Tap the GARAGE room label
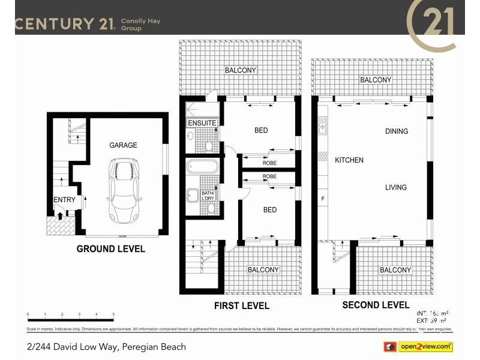[x=123, y=145]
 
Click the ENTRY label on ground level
[x=64, y=200]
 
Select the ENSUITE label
[x=202, y=123]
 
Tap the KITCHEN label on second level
[x=349, y=160]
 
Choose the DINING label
[x=397, y=131]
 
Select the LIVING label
[x=395, y=187]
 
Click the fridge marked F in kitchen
[x=323, y=199]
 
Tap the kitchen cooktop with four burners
[x=323, y=157]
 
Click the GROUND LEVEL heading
[x=110, y=249]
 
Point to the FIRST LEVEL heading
[x=242, y=306]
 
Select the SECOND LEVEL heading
[x=376, y=305]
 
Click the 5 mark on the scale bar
[x=113, y=314]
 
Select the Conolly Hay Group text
[x=140, y=25]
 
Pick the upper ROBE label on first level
[x=269, y=163]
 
